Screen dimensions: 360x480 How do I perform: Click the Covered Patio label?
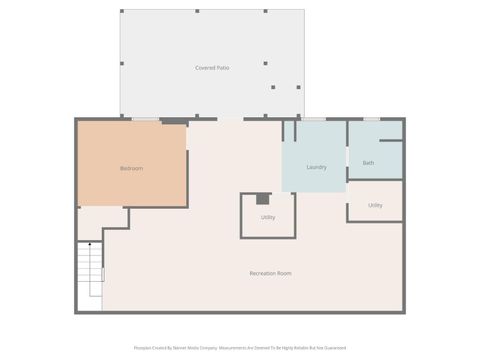click(212, 67)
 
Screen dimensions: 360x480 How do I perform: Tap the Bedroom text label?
click(131, 168)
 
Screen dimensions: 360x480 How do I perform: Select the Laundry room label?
click(316, 167)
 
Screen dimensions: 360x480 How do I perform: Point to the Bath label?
click(368, 162)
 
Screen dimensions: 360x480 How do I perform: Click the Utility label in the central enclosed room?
click(268, 217)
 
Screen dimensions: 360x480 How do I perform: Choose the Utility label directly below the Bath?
click(375, 205)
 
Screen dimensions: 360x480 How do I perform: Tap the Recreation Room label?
click(270, 273)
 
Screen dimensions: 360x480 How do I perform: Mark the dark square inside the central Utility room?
click(263, 199)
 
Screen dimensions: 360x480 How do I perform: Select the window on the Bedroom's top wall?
click(146, 120)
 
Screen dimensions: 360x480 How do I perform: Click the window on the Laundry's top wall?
click(313, 120)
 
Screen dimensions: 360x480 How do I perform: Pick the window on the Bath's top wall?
click(371, 120)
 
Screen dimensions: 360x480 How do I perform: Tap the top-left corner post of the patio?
click(122, 12)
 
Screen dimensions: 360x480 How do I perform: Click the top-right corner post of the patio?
click(303, 12)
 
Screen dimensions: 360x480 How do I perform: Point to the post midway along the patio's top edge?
click(197, 12)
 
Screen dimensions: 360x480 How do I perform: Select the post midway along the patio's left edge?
click(122, 63)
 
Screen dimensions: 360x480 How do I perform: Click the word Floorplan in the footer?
click(143, 348)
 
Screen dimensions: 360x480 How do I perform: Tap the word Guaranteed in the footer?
click(336, 348)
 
